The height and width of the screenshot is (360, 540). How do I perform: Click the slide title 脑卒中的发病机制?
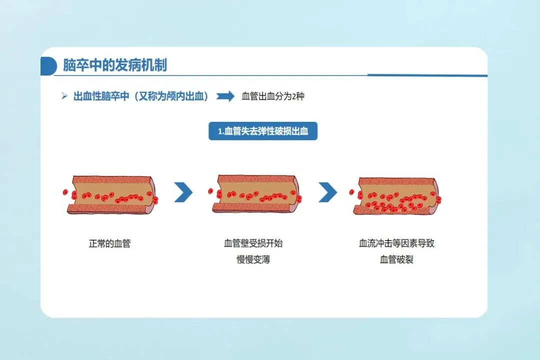pyautogui.click(x=114, y=65)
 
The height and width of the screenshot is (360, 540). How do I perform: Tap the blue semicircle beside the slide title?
pyautogui.click(x=47, y=66)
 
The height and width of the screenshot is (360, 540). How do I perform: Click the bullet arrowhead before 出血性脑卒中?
pyautogui.click(x=64, y=96)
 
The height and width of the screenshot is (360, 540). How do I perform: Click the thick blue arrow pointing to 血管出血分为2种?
pyautogui.click(x=225, y=96)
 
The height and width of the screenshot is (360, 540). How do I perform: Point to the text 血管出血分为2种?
pyautogui.click(x=272, y=96)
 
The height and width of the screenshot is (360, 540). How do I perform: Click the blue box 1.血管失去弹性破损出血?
pyautogui.click(x=263, y=131)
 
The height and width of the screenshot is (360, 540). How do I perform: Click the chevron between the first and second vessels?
pyautogui.click(x=183, y=192)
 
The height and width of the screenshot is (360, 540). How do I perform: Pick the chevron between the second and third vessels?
pyautogui.click(x=327, y=192)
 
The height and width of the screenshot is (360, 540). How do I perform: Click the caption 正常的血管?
pyautogui.click(x=109, y=244)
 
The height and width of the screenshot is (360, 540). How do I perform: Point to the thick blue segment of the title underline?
pyautogui.click(x=427, y=75)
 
